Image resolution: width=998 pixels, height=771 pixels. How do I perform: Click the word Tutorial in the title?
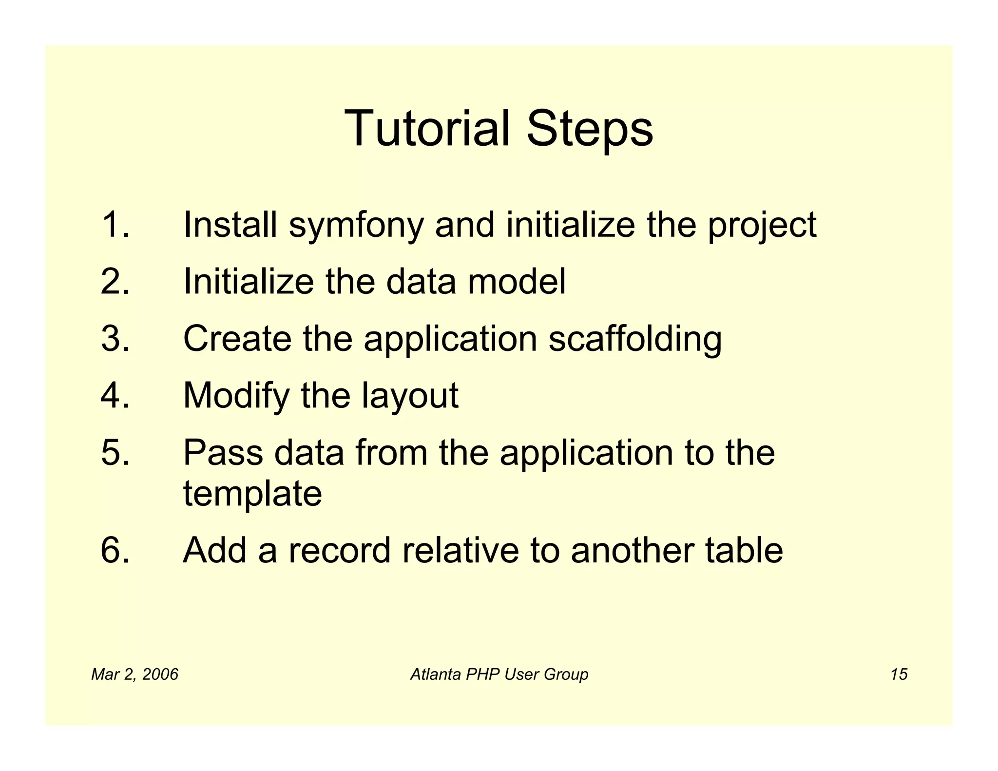pyautogui.click(x=427, y=128)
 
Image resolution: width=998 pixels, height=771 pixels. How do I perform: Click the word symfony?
pyautogui.click(x=356, y=226)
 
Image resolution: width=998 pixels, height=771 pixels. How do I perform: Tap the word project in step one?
pyautogui.click(x=762, y=226)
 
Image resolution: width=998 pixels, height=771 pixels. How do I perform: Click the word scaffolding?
pyautogui.click(x=635, y=339)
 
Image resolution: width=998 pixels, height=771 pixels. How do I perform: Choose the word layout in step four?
pyautogui.click(x=409, y=396)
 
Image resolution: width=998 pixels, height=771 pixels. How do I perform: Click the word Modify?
pyautogui.click(x=236, y=396)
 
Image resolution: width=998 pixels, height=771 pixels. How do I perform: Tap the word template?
pyautogui.click(x=252, y=494)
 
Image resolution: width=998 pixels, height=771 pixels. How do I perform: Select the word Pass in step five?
pyautogui.click(x=223, y=452)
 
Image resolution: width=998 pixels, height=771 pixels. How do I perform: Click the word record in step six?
pyautogui.click(x=339, y=550)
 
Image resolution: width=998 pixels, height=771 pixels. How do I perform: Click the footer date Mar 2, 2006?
pyautogui.click(x=134, y=675)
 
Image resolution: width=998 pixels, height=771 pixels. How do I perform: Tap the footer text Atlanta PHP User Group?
pyautogui.click(x=499, y=675)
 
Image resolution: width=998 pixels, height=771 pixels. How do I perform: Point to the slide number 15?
pyautogui.click(x=899, y=675)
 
